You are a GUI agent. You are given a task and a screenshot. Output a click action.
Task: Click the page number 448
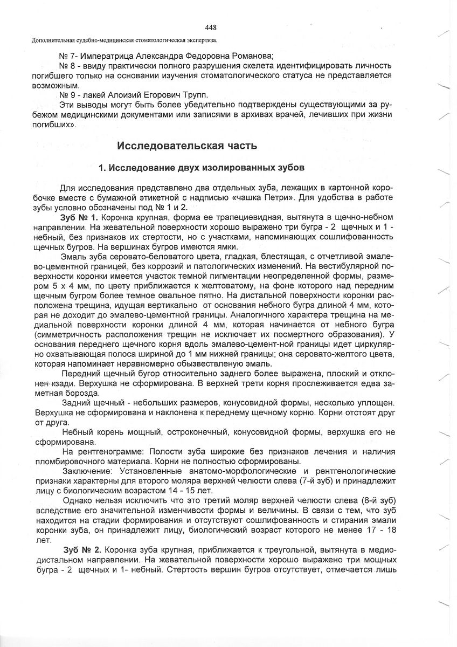(x=211, y=28)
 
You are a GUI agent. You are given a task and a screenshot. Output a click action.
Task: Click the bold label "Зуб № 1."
(x=80, y=218)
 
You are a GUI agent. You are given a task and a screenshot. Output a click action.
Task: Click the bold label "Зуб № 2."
(x=80, y=550)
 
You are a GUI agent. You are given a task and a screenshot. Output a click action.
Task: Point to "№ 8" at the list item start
(x=66, y=65)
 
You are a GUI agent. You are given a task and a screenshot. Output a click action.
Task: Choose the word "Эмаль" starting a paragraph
(x=74, y=257)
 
